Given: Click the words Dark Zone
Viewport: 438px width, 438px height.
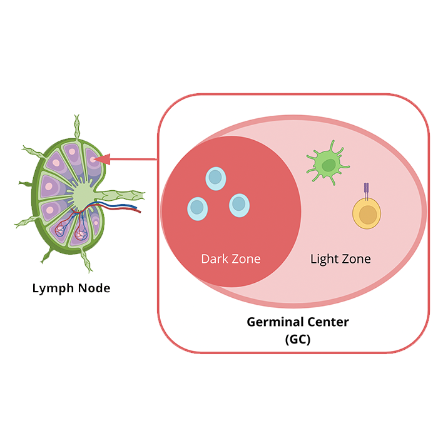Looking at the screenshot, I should point(230,258).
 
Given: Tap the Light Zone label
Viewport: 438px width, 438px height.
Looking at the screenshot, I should point(340,258).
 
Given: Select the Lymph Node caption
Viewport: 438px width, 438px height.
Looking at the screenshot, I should point(71,288).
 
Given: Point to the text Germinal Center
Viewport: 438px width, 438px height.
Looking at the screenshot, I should point(297,323).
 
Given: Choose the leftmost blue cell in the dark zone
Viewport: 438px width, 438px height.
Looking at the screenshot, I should point(197,208).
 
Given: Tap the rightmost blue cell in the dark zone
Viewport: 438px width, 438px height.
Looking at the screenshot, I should point(239,205).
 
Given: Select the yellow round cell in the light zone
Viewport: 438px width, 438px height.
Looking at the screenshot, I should point(366,214).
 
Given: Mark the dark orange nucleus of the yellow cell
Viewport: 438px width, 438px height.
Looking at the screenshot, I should point(368,215).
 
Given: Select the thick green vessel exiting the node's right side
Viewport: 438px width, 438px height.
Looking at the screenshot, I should point(125,195).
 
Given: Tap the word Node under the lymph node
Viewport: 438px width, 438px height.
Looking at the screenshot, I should point(94,288).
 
